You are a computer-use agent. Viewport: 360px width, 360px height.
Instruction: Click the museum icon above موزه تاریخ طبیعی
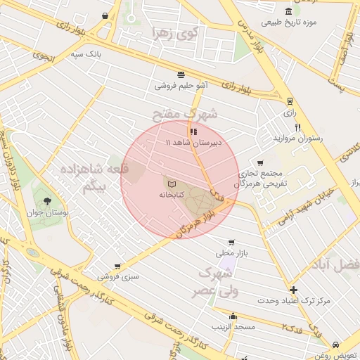click(x=289, y=11)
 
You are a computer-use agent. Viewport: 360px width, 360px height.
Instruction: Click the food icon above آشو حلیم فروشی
click(x=181, y=75)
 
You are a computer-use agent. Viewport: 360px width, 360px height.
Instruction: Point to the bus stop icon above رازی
click(x=290, y=101)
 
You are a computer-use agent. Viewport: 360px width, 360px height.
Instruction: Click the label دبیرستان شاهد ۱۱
click(x=193, y=142)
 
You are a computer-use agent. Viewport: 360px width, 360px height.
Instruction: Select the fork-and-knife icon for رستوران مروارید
click(x=297, y=127)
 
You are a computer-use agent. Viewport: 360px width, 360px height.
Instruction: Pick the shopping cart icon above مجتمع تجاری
click(x=260, y=162)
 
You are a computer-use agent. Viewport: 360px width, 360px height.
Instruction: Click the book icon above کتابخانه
click(x=172, y=184)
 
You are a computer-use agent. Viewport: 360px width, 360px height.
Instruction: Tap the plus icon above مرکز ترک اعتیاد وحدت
click(x=293, y=290)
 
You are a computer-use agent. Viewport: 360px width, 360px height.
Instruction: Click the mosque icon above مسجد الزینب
click(x=233, y=316)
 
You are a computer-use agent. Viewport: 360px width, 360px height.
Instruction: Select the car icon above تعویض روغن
click(x=336, y=345)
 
